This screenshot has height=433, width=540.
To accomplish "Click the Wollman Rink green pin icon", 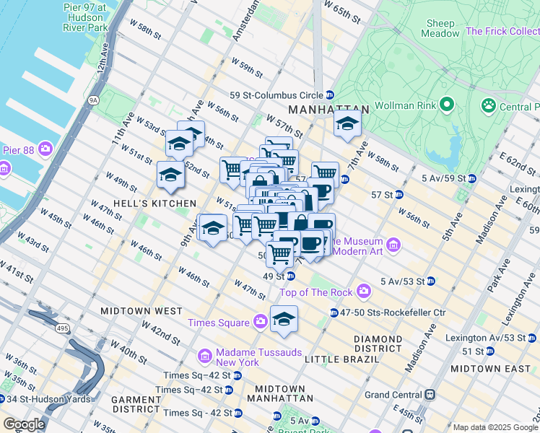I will (x=447, y=105).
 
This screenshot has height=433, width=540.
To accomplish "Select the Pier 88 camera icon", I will (x=45, y=149).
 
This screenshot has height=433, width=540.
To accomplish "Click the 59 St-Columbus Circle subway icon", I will (x=329, y=95).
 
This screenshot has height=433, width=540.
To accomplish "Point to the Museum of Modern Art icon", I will (x=393, y=246).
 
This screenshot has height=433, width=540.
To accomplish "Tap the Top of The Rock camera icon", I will (x=363, y=292).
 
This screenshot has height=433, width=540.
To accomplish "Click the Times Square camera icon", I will (x=259, y=322).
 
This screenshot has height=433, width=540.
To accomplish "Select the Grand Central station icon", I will (x=430, y=395).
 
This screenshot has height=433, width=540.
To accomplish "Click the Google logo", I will (x=24, y=424).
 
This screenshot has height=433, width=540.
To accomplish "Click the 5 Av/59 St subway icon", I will (x=471, y=178).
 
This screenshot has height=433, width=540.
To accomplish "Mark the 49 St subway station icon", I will (x=289, y=276).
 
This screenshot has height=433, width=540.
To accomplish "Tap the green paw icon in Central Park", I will (x=489, y=107).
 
